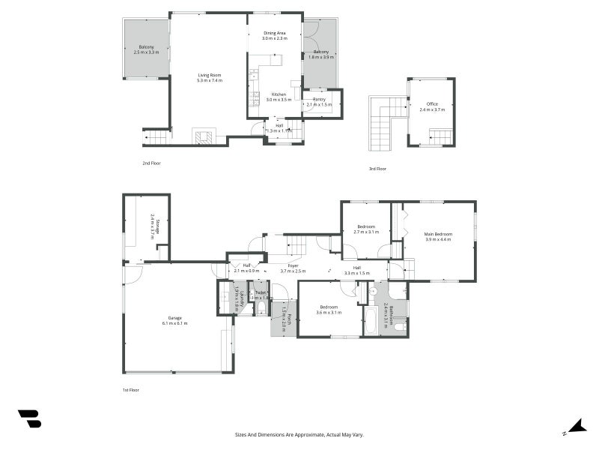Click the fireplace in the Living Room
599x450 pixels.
pyautogui.click(x=204, y=137)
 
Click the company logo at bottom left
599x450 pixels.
pyautogui.click(x=29, y=418)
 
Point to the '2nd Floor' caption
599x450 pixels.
pyautogui.click(x=151, y=163)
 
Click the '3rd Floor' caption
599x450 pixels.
pyautogui.click(x=377, y=169)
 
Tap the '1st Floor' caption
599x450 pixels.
pyautogui.click(x=130, y=390)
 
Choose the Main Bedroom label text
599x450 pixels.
pyautogui.click(x=439, y=234)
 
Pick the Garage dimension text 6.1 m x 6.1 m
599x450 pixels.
pyautogui.click(x=174, y=323)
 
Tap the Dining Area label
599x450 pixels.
pyautogui.click(x=275, y=33)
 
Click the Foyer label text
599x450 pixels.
pyautogui.click(x=289, y=265)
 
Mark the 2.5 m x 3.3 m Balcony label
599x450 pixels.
pyautogui.click(x=147, y=49)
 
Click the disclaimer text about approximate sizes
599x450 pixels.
pyautogui.click(x=299, y=434)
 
